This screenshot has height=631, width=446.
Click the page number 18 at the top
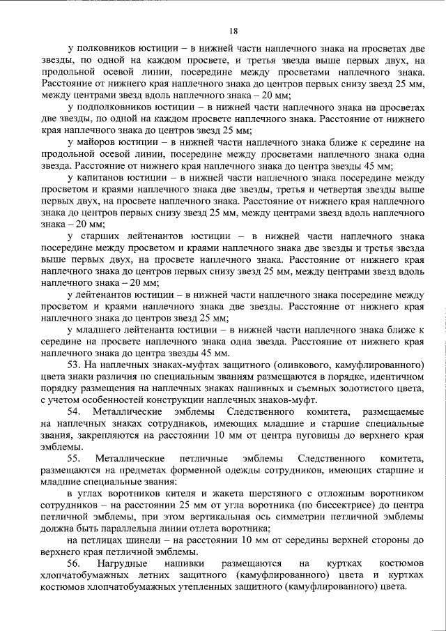click(x=233, y=30)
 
